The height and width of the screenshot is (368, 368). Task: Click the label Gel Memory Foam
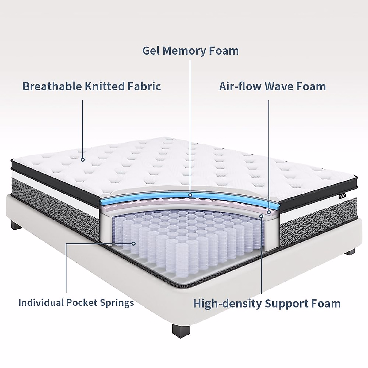(x=190, y=51)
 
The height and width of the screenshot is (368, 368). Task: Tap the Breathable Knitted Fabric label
(x=92, y=86)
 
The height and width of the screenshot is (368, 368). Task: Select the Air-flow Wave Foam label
(x=272, y=86)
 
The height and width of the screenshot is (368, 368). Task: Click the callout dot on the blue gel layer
(x=190, y=195)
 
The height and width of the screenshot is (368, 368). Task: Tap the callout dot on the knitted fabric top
(x=83, y=159)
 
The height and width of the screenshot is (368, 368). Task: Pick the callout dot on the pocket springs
(x=133, y=243)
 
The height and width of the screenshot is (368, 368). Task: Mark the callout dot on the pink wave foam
(x=269, y=212)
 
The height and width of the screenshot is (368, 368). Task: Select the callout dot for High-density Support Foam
(x=261, y=216)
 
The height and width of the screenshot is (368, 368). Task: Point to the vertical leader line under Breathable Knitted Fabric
(x=83, y=129)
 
